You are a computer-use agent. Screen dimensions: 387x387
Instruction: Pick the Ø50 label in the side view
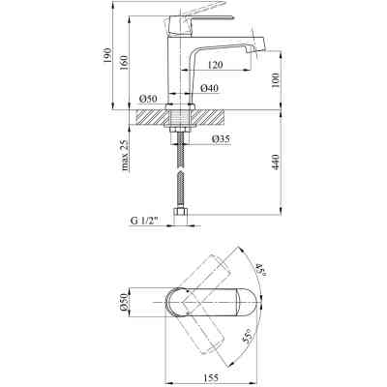click(148, 98)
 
